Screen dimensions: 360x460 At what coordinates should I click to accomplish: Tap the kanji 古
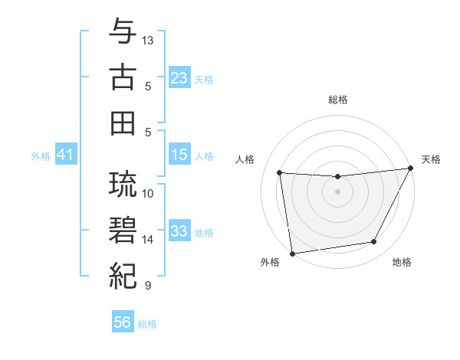tap(123, 78)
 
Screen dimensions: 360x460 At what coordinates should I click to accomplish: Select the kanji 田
tap(123, 123)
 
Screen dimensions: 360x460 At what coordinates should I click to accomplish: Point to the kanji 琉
tap(123, 184)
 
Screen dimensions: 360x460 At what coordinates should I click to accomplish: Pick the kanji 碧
tap(123, 230)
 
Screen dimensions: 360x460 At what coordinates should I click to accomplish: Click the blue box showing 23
tap(179, 77)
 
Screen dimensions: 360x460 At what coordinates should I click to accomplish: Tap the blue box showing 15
tap(179, 155)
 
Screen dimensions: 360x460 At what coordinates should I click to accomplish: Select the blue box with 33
tap(179, 231)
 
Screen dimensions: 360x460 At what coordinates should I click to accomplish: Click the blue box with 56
tap(123, 323)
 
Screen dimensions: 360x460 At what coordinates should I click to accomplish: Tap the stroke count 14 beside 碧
tap(148, 240)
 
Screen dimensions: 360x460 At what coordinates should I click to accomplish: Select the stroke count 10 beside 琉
tap(148, 193)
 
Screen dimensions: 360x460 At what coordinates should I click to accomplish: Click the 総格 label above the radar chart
tap(338, 100)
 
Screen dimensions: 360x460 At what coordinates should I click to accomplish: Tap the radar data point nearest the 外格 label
tap(291, 253)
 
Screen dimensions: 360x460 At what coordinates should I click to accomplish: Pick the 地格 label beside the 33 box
tap(204, 232)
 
